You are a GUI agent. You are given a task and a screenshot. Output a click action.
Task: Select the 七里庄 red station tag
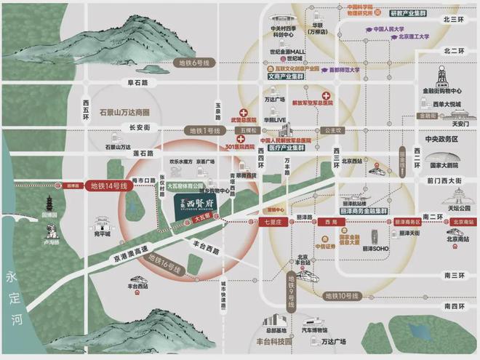(274, 221)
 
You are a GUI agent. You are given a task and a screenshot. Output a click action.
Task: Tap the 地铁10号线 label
(342, 295)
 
